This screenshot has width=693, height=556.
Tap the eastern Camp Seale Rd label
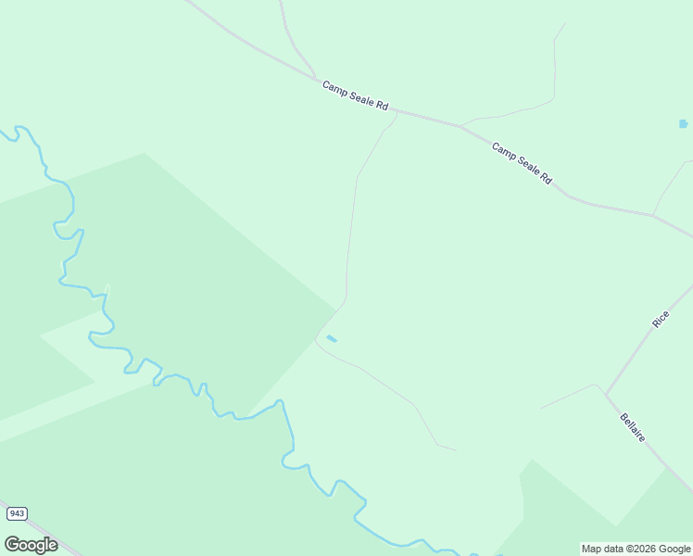click(522, 162)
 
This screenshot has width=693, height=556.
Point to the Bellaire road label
click(633, 427)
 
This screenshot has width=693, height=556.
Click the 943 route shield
click(16, 513)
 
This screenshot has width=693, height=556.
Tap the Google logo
click(31, 545)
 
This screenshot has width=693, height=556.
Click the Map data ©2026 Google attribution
click(636, 549)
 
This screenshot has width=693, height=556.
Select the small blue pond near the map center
click(332, 338)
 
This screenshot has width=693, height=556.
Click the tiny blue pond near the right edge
click(684, 123)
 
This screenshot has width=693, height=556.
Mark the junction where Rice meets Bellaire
click(605, 393)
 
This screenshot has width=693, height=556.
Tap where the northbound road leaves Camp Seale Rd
click(315, 77)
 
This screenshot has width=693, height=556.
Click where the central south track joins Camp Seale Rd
click(397, 113)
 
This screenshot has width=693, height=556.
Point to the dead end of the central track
click(456, 450)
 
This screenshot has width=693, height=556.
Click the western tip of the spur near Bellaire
click(542, 408)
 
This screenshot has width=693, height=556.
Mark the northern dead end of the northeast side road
click(564, 24)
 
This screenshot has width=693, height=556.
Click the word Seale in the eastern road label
click(522, 162)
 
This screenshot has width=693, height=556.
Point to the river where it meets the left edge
click(2, 133)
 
